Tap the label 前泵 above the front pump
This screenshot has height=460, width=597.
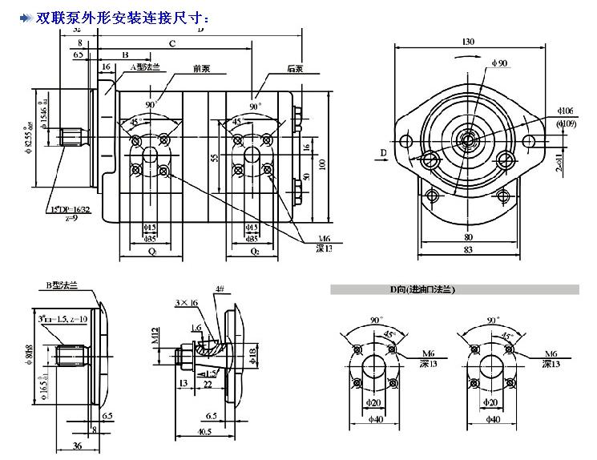tap(180, 69)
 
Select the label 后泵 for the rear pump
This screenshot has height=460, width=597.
tap(295, 69)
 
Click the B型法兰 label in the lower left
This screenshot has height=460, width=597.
tap(61, 285)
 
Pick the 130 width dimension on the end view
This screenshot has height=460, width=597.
tap(469, 41)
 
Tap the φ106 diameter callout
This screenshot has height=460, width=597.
tap(566, 111)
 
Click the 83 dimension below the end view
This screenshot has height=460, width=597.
tap(469, 250)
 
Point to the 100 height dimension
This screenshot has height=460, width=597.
tap(322, 163)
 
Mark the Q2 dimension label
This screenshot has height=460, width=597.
tap(255, 250)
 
